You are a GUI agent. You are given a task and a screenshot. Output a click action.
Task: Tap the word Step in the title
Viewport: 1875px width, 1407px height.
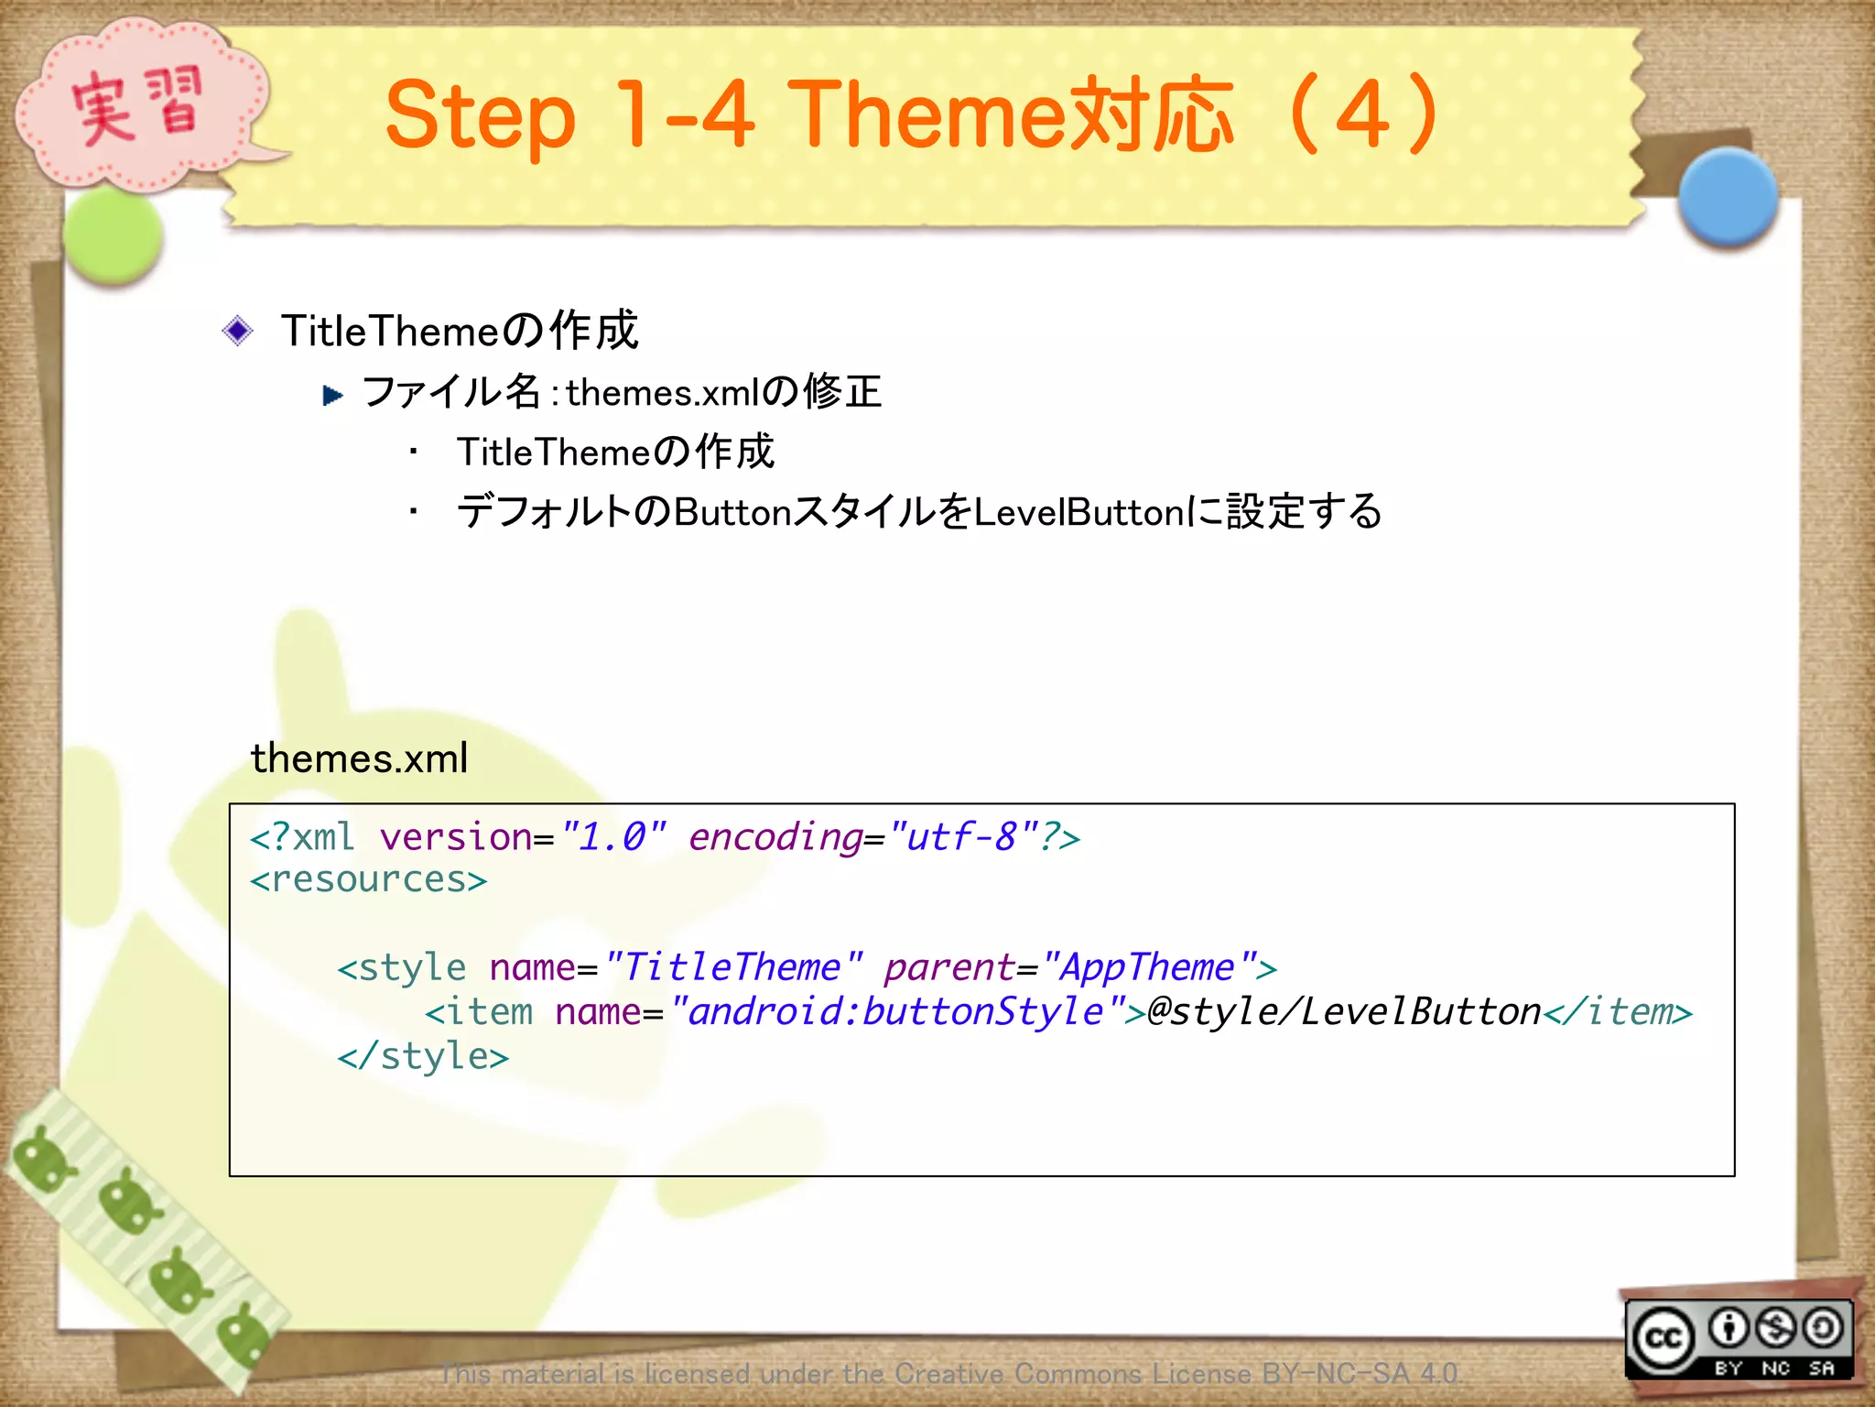point(480,117)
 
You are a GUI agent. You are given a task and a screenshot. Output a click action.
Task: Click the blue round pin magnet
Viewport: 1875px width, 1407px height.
point(1728,198)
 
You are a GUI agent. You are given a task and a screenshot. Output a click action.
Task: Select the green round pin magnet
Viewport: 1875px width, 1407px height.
point(114,236)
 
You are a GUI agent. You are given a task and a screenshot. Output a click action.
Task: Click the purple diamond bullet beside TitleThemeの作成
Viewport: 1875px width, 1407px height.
point(238,331)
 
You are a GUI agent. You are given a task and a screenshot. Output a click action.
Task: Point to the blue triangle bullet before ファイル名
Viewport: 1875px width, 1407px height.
point(333,396)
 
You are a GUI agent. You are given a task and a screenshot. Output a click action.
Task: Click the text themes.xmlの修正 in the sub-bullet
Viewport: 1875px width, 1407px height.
point(723,393)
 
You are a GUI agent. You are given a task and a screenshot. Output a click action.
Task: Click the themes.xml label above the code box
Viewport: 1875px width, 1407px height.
point(359,758)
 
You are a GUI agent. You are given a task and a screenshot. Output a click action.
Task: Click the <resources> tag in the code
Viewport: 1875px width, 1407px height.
point(368,880)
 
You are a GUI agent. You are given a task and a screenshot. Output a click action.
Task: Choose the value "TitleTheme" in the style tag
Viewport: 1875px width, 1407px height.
point(732,968)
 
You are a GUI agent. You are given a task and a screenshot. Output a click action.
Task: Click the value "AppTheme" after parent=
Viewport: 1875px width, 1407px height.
point(1148,968)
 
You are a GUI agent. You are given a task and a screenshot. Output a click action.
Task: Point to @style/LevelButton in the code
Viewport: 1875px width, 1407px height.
point(1344,1012)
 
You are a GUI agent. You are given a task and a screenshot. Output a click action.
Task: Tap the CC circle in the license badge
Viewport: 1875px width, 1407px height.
point(1664,1339)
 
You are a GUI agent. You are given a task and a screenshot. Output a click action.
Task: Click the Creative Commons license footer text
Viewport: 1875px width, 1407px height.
point(950,1374)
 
